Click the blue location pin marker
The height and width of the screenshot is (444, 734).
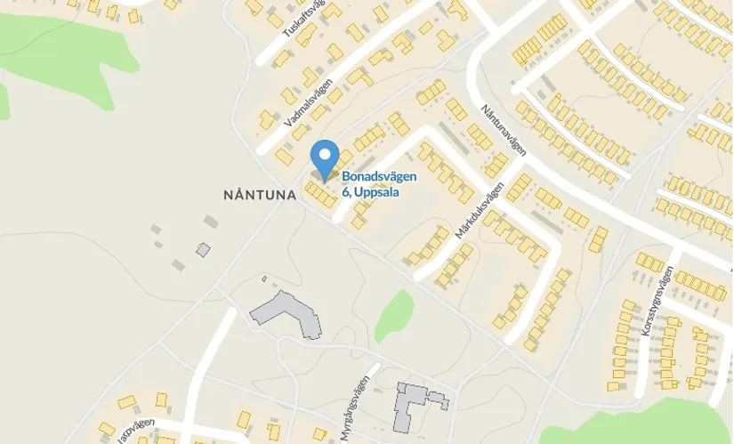tap(325, 157)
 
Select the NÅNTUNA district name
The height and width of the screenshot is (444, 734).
tap(260, 194)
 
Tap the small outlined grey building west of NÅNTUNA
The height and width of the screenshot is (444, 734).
tap(203, 250)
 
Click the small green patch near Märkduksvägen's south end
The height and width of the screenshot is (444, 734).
tap(394, 315)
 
